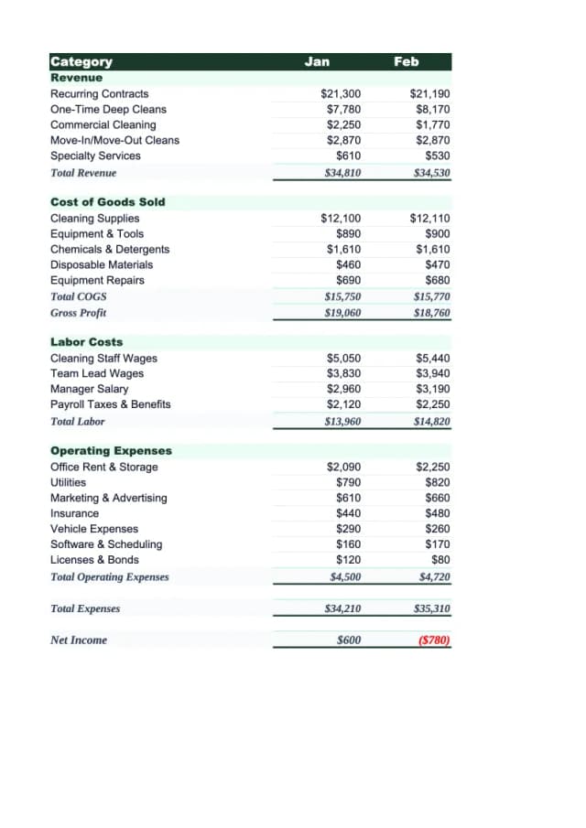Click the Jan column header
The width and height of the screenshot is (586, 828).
[x=317, y=61]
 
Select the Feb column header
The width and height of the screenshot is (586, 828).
[x=406, y=61]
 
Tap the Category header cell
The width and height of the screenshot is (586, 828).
[x=81, y=61]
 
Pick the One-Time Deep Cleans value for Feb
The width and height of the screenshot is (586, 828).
[x=432, y=110]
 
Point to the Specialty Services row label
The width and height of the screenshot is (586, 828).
[x=95, y=156]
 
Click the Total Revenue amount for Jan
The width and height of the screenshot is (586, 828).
[x=342, y=172]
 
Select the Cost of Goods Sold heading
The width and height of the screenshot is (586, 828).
[x=107, y=202]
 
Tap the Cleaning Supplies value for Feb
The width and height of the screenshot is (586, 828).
[x=430, y=219]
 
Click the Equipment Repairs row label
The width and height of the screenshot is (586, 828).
[x=97, y=280]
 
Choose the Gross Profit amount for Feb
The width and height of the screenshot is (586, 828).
[x=432, y=313]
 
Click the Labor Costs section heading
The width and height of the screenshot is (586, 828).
[x=86, y=342]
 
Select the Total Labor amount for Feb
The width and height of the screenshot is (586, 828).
[x=432, y=422]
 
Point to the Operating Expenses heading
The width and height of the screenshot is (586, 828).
[x=111, y=451]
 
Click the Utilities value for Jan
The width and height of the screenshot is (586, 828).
[x=348, y=482]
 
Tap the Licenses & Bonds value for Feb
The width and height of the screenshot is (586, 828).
[x=440, y=560]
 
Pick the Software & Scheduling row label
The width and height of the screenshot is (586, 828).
[x=106, y=544]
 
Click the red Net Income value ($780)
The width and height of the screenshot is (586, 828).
[x=433, y=640]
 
